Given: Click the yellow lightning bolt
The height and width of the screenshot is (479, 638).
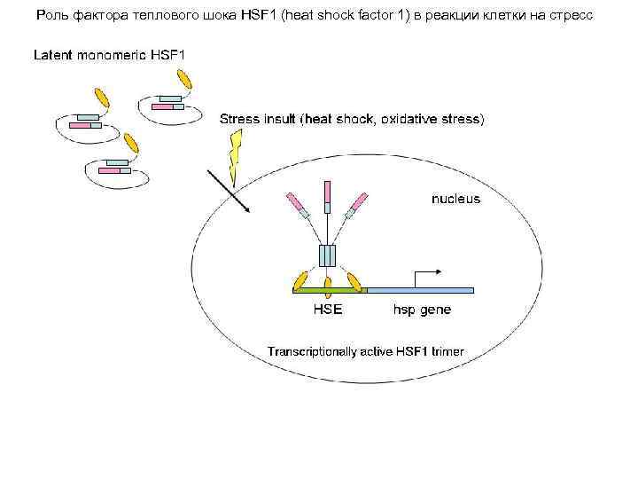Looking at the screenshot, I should pyautogui.click(x=235, y=155).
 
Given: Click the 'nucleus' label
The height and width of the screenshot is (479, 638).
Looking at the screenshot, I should pyautogui.click(x=455, y=199).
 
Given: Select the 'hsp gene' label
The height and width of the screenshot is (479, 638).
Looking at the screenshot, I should pyautogui.click(x=422, y=310).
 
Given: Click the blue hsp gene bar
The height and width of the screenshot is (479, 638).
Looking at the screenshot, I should pyautogui.click(x=420, y=290).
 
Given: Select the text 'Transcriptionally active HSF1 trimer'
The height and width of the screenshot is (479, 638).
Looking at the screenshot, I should pyautogui.click(x=365, y=352).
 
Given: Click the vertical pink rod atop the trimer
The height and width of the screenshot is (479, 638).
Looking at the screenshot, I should pyautogui.click(x=327, y=192).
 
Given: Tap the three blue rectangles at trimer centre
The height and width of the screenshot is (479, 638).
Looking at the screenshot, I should pyautogui.click(x=328, y=255).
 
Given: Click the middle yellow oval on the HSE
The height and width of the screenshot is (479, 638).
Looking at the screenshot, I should pyautogui.click(x=329, y=286).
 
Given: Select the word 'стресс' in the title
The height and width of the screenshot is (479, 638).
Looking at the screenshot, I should pyautogui.click(x=581, y=16).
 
